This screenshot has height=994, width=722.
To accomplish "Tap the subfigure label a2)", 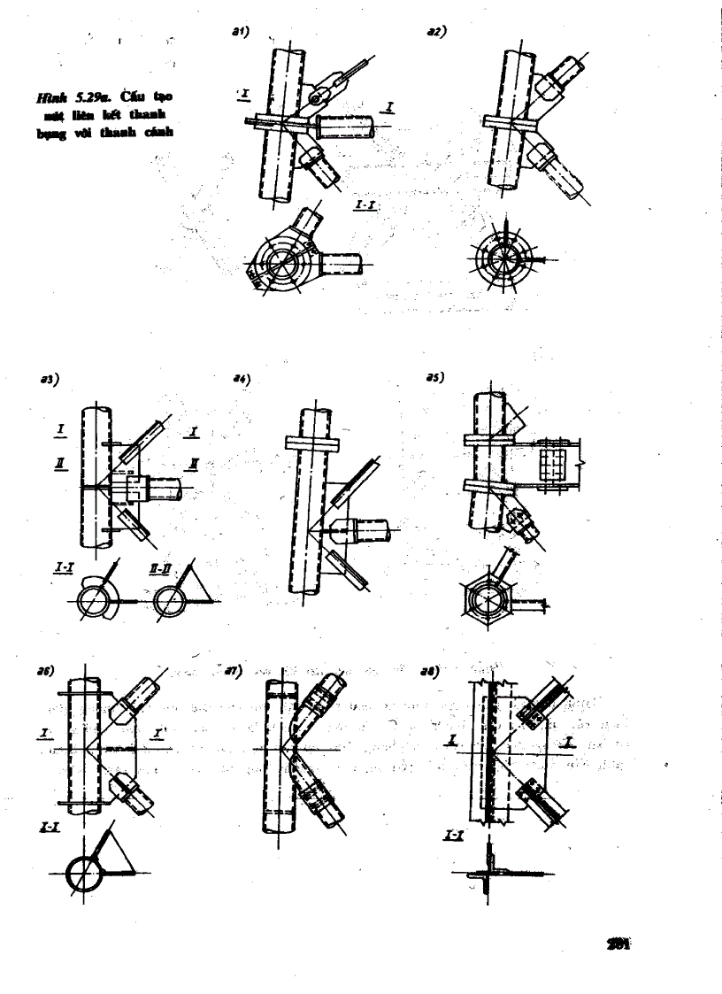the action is [x=435, y=31].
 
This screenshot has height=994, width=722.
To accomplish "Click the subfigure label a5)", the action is [x=434, y=376].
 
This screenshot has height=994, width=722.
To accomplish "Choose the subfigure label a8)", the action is [x=434, y=672].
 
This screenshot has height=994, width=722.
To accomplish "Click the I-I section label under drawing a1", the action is [x=365, y=205].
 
